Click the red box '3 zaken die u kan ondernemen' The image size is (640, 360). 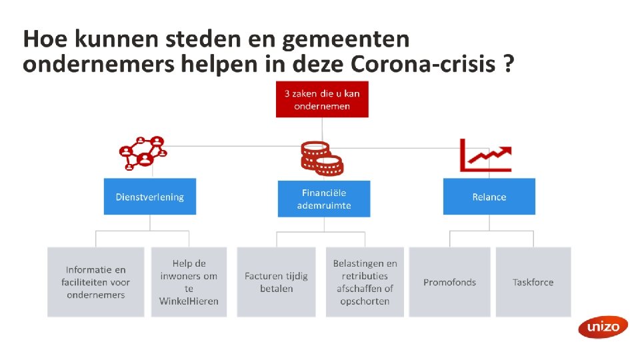coord(322,99)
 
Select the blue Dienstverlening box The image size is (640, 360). coord(150,197)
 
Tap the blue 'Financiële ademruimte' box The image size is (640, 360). coord(324,199)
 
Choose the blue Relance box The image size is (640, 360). coord(489,197)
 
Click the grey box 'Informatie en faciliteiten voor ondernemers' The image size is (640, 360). coord(96,282)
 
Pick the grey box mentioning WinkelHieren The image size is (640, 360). coord(189,282)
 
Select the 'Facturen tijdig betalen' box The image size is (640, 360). coord(277,282)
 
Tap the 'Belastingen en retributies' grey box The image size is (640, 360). coord(365,282)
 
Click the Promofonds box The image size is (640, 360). coord(449,282)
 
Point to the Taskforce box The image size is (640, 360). coord(533,282)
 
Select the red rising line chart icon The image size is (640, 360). coord(485,155)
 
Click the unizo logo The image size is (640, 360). coord(603,327)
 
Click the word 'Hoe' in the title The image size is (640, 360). coord(45,40)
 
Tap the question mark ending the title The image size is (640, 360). coord(508,65)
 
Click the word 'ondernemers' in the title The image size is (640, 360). coord(93,65)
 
